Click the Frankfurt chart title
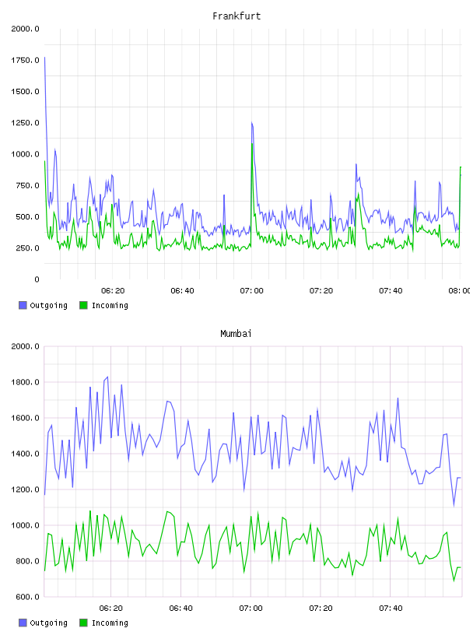236,16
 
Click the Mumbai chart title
236,334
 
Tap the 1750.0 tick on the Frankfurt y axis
25,61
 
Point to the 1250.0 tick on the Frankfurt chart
25,123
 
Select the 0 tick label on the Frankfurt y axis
37,279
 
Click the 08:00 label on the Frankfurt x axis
460,291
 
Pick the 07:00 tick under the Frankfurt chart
251,291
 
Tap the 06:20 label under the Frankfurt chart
113,291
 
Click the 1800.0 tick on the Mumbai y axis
25,382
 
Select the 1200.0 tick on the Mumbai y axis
25,489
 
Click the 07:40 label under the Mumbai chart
391,609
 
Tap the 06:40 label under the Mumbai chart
181,609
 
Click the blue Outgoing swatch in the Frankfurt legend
23,305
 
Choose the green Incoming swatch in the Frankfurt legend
83,305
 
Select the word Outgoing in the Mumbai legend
48,623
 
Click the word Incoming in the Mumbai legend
110,623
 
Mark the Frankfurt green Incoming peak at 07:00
252,144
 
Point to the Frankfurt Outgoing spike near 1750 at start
44,58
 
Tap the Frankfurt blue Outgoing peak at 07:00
252,122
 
